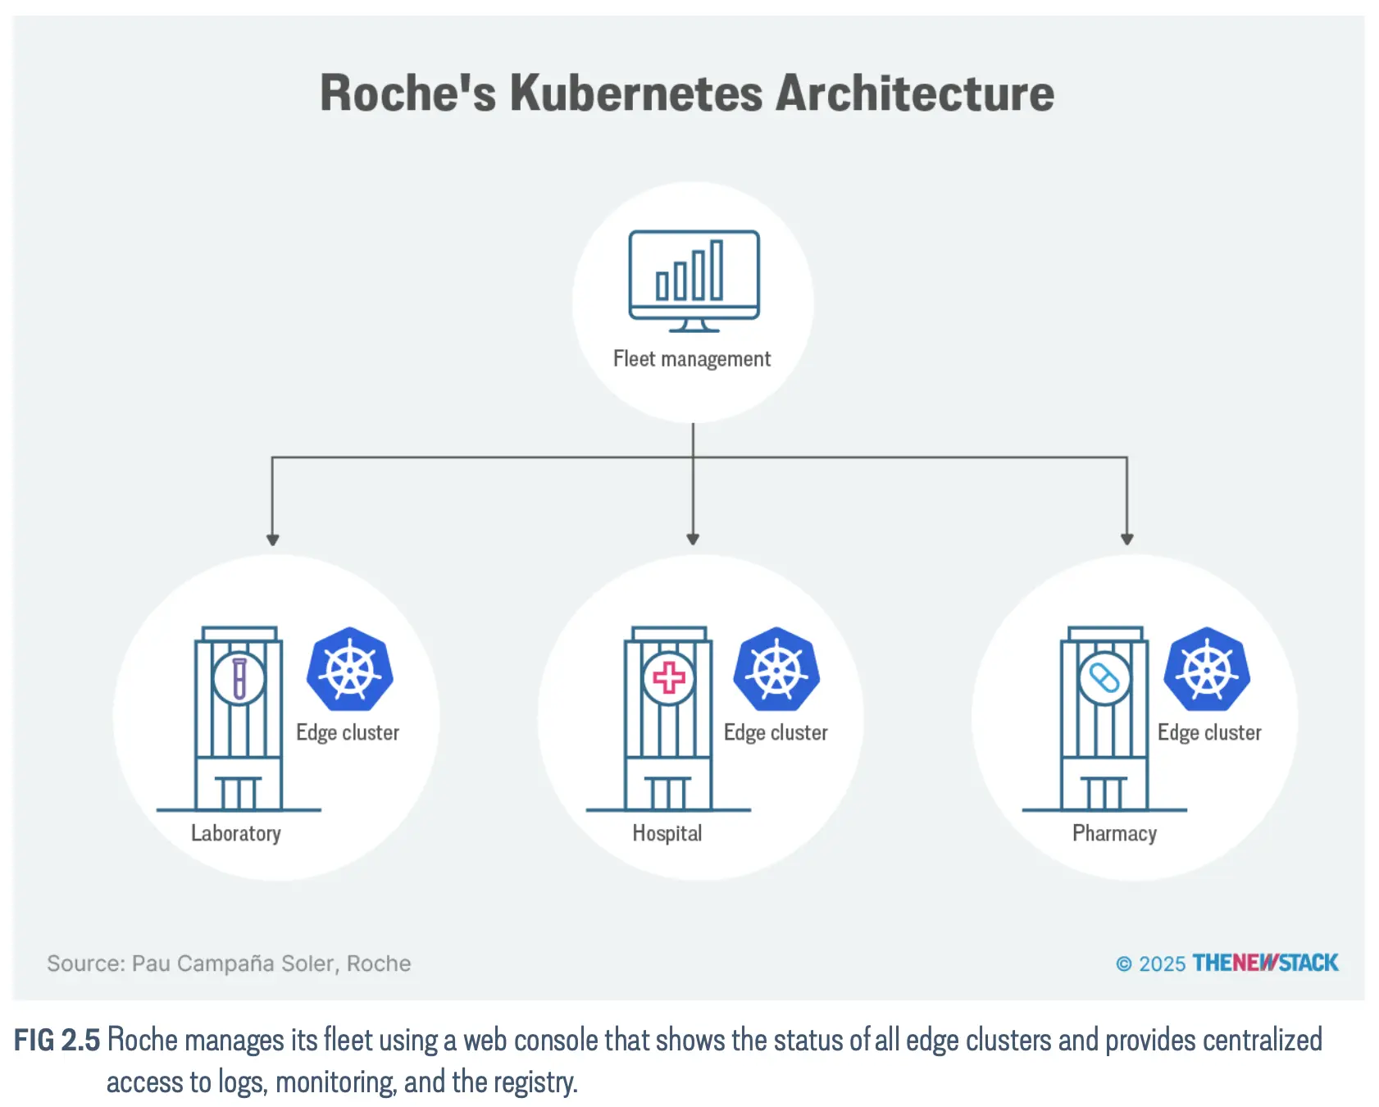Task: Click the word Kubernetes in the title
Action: [x=636, y=93]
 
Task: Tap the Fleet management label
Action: [x=692, y=359]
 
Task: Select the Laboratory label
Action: [x=236, y=833]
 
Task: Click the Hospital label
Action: [x=667, y=833]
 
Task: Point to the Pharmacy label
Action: [x=1114, y=833]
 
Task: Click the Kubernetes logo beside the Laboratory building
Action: [x=350, y=669]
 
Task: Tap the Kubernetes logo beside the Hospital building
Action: [x=777, y=669]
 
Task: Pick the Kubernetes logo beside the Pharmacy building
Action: [x=1207, y=669]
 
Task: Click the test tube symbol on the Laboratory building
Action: [x=239, y=678]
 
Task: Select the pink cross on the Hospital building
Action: [x=669, y=678]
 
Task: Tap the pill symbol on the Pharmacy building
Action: [x=1104, y=678]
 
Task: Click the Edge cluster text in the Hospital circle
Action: [x=776, y=732]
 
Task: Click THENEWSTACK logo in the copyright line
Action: [x=1265, y=963]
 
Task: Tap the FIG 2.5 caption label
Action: [x=57, y=1040]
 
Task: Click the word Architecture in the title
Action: [x=914, y=93]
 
